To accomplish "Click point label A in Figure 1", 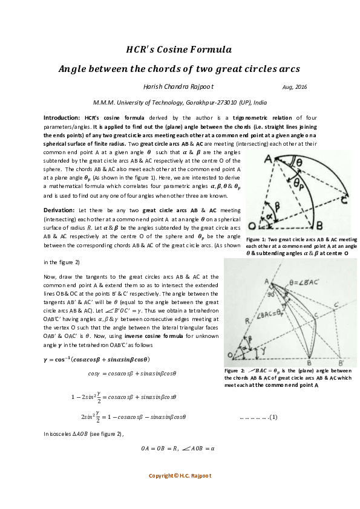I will tap(267, 159).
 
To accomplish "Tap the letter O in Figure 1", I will tap(252, 225).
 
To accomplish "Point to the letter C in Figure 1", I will tap(343, 201).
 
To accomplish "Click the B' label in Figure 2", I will tap(342, 362).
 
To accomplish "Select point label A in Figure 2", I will tap(266, 280).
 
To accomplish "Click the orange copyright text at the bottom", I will tap(180, 476).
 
